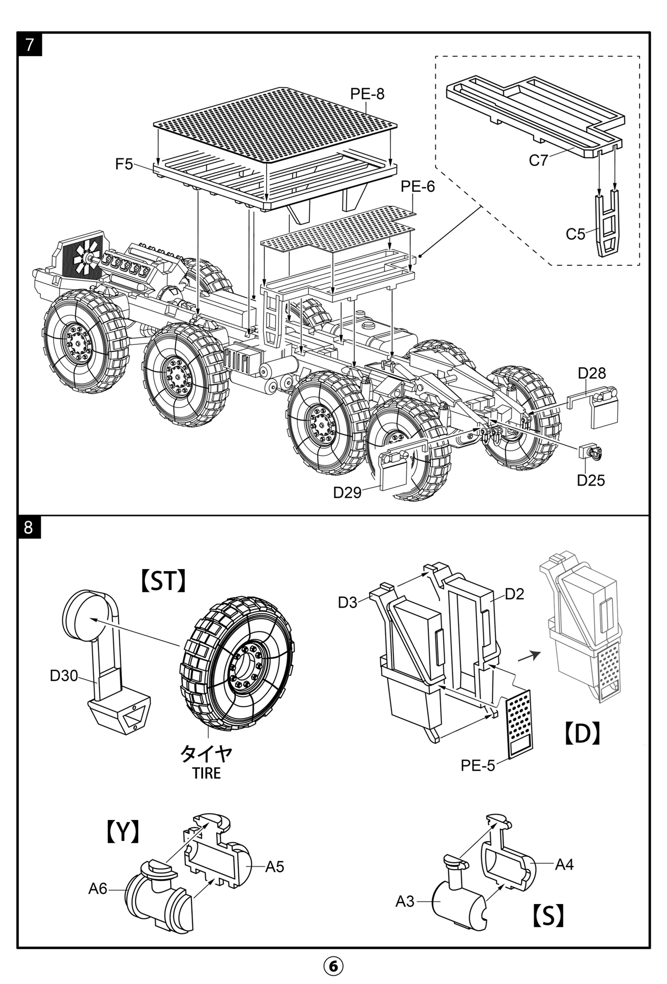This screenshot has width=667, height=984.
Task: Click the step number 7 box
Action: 30,45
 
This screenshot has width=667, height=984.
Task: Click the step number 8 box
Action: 29,527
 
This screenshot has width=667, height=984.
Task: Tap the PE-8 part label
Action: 367,94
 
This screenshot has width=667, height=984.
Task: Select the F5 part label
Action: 124,164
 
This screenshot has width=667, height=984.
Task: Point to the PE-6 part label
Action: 417,186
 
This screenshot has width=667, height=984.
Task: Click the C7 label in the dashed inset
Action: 538,161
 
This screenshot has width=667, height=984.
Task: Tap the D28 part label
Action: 591,373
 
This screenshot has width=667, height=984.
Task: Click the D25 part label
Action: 590,480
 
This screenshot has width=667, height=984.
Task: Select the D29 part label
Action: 347,492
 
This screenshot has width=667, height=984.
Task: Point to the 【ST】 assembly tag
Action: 163,580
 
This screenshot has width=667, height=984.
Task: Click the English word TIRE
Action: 206,773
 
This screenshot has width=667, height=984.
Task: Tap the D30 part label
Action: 64,676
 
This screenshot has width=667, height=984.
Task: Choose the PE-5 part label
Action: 477,765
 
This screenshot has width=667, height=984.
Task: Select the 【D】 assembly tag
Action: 582,733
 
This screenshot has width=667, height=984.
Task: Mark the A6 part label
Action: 97,889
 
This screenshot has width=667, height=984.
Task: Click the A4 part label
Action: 564,865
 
